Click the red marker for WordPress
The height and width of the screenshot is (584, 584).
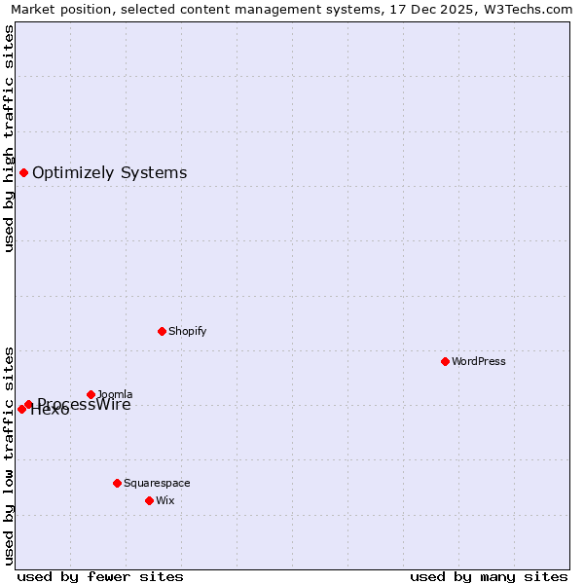point(445,361)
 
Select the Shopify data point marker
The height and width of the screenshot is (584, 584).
point(162,331)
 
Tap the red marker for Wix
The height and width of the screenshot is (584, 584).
point(149,500)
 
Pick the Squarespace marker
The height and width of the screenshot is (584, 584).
point(117,483)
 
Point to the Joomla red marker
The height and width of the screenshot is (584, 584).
point(91,394)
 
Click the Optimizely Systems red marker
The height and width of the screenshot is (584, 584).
point(23,172)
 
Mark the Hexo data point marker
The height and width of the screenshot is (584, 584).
point(21,409)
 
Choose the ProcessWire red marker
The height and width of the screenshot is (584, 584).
point(28,404)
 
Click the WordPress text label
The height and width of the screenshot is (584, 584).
point(479,361)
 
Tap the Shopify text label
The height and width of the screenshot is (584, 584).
point(188,331)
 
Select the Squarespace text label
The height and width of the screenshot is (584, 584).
point(157,483)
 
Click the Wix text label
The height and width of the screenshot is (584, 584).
point(165,500)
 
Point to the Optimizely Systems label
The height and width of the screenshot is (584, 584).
point(109,172)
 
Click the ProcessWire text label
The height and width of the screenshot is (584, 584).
point(85,405)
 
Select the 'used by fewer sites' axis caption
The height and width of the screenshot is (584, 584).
point(100,576)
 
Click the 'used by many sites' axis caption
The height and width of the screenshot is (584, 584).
point(489,576)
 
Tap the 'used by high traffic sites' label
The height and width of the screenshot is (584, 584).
point(9,138)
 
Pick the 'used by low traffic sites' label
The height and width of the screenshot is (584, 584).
point(9,456)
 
